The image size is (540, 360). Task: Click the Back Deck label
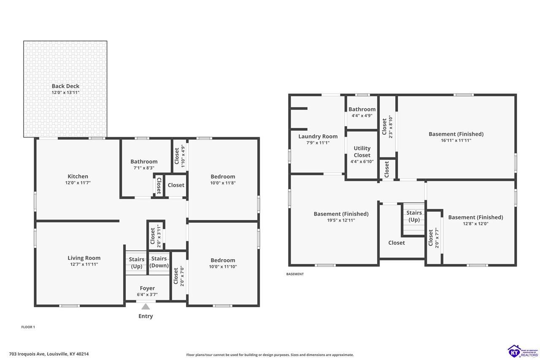(65, 86)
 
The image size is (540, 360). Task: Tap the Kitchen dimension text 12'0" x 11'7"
(78, 183)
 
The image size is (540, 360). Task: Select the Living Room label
(84, 258)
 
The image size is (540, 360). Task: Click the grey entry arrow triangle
(146, 306)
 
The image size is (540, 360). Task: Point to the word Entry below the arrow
(146, 316)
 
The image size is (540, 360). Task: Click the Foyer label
(147, 288)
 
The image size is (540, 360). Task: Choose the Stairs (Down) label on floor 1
(159, 262)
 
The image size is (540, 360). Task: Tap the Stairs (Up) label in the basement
(414, 216)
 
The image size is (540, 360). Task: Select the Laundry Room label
(318, 136)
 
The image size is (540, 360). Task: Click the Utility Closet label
(362, 152)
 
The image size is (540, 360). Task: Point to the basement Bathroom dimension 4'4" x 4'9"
(362, 116)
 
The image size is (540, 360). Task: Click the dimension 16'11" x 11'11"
(456, 141)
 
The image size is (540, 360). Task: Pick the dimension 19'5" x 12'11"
(341, 220)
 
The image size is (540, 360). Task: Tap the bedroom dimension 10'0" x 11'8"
(223, 183)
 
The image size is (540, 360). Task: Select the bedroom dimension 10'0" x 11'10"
(223, 266)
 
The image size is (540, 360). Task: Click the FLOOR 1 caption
(28, 327)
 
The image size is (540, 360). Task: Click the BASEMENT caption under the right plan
(295, 274)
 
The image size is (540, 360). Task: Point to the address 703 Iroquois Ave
(27, 354)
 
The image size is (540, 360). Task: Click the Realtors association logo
(523, 351)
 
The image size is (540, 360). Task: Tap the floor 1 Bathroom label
(144, 162)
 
